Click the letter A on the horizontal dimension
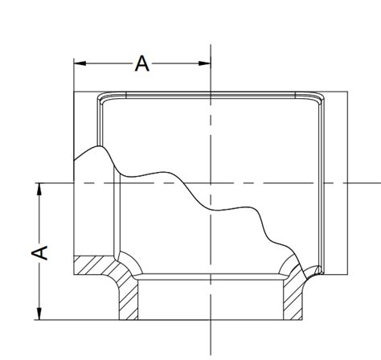(x=142, y=63)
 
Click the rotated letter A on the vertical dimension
(x=39, y=252)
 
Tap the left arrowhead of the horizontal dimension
(x=80, y=63)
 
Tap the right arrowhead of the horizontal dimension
(x=205, y=63)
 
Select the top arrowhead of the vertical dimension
(x=39, y=189)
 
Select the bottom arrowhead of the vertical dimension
(x=39, y=313)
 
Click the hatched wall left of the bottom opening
(x=128, y=299)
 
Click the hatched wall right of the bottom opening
(x=293, y=297)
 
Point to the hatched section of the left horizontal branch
(x=94, y=265)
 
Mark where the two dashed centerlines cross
(x=211, y=183)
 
